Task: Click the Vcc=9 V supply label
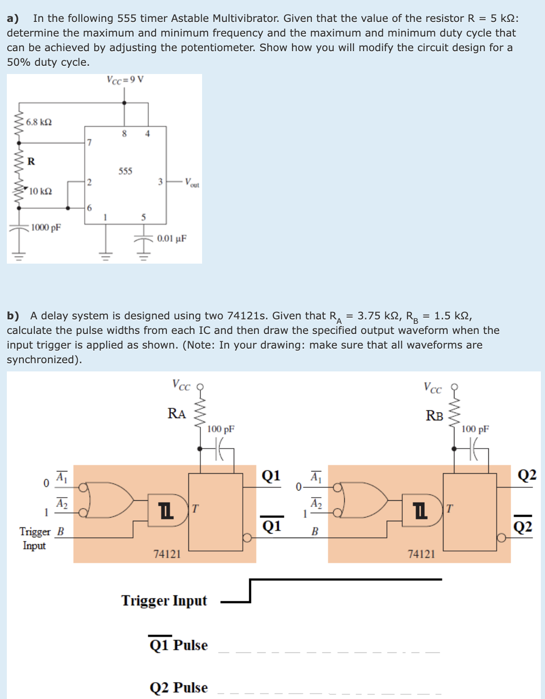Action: [x=125, y=80]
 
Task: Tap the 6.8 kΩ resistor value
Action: [x=39, y=122]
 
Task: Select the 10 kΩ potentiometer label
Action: [x=41, y=191]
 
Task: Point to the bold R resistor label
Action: [x=31, y=161]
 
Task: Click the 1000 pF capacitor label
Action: [x=46, y=228]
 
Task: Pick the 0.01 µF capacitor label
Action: [x=171, y=238]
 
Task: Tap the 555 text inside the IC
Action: [x=125, y=171]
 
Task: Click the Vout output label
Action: [x=192, y=183]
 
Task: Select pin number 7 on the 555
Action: [x=90, y=143]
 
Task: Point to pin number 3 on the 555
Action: [x=160, y=182]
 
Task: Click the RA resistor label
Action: [x=176, y=413]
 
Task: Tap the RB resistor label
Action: [x=434, y=416]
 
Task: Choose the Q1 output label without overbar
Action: [x=271, y=476]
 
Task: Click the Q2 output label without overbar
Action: [x=527, y=475]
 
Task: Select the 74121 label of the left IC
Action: [x=167, y=554]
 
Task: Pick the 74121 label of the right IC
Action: [x=422, y=554]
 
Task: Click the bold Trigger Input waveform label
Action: [x=164, y=600]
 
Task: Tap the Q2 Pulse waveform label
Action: [x=179, y=688]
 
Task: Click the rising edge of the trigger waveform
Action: [x=250, y=591]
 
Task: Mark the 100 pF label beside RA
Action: [x=221, y=429]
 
